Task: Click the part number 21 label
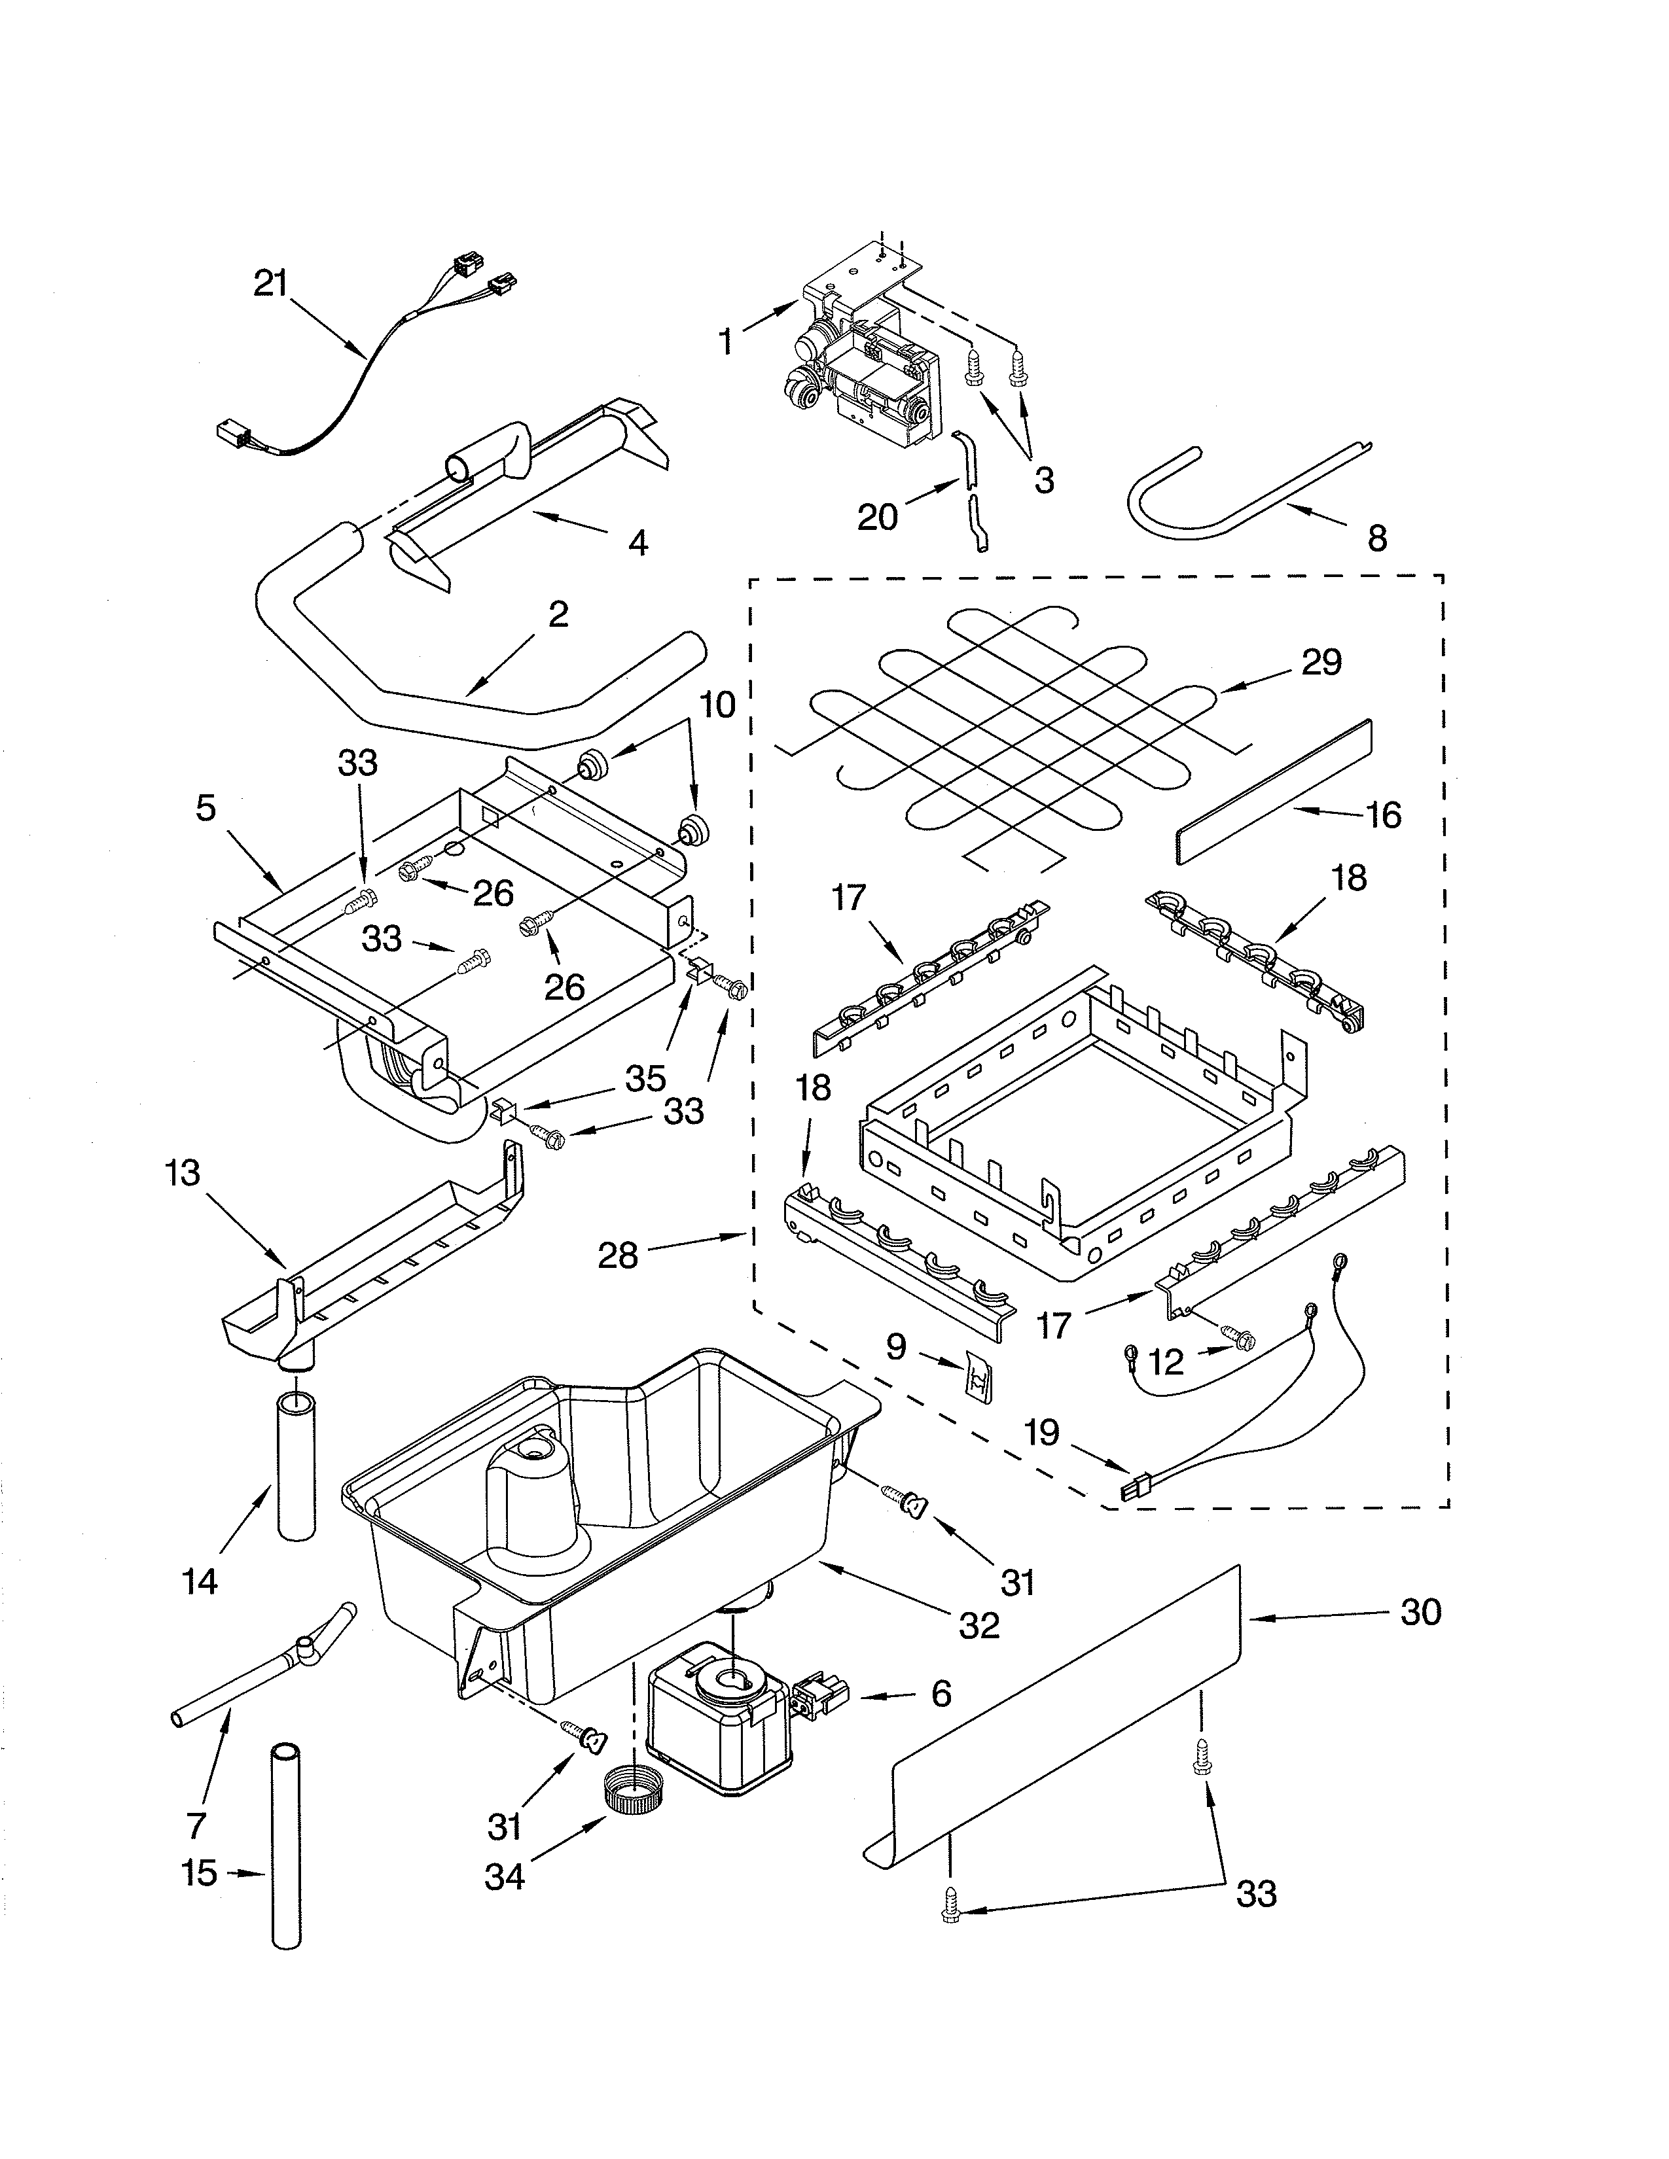tap(270, 285)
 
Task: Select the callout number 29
tap(1321, 662)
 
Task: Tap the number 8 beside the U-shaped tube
tap(1377, 538)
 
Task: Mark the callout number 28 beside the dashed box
tap(618, 1255)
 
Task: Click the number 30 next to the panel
tap(1421, 1612)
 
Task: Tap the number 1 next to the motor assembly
tap(727, 342)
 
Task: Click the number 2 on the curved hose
tap(559, 615)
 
